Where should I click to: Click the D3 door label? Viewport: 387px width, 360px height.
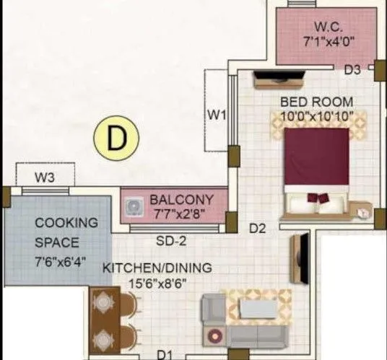352,70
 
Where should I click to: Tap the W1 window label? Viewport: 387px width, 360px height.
217,113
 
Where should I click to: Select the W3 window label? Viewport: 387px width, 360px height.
45,175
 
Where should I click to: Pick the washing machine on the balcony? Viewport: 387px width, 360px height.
134,207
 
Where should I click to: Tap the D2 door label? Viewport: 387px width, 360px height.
258,229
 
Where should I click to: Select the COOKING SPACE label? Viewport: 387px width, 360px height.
66,233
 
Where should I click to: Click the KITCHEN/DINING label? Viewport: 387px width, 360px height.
157,268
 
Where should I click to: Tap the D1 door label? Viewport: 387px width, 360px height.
164,354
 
